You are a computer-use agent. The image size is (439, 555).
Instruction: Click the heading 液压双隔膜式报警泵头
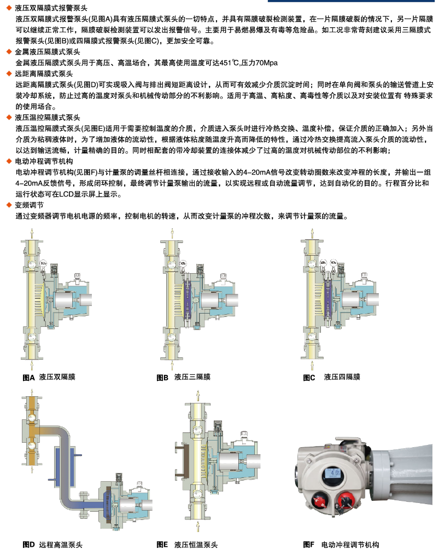point(51,8)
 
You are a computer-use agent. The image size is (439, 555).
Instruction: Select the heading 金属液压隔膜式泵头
point(48,51)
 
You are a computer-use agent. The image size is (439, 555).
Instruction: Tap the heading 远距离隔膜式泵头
point(44,74)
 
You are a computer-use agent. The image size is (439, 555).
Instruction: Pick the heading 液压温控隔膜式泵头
point(48,118)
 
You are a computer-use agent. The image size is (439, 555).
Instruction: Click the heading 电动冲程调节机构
point(44,161)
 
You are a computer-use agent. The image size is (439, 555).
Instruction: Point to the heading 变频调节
point(30,205)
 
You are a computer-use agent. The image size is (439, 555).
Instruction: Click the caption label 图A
point(28,378)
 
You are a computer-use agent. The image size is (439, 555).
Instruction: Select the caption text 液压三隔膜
point(192,377)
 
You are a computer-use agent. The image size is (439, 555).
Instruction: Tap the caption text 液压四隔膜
point(342,377)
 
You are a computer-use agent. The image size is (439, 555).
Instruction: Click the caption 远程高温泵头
point(61,545)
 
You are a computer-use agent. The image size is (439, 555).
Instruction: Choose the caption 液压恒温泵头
point(196,545)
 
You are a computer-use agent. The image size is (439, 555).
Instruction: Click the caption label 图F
point(308,545)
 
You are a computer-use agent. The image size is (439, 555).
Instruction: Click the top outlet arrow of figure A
point(32,233)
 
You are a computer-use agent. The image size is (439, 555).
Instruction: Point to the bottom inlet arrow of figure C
point(312,365)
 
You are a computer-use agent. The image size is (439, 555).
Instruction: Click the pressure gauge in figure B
point(183,264)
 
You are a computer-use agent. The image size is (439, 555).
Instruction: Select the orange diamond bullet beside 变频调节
point(9,205)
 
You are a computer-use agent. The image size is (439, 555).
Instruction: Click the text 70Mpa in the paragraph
point(266,63)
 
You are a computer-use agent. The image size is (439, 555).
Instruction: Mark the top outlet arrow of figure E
point(198,395)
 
